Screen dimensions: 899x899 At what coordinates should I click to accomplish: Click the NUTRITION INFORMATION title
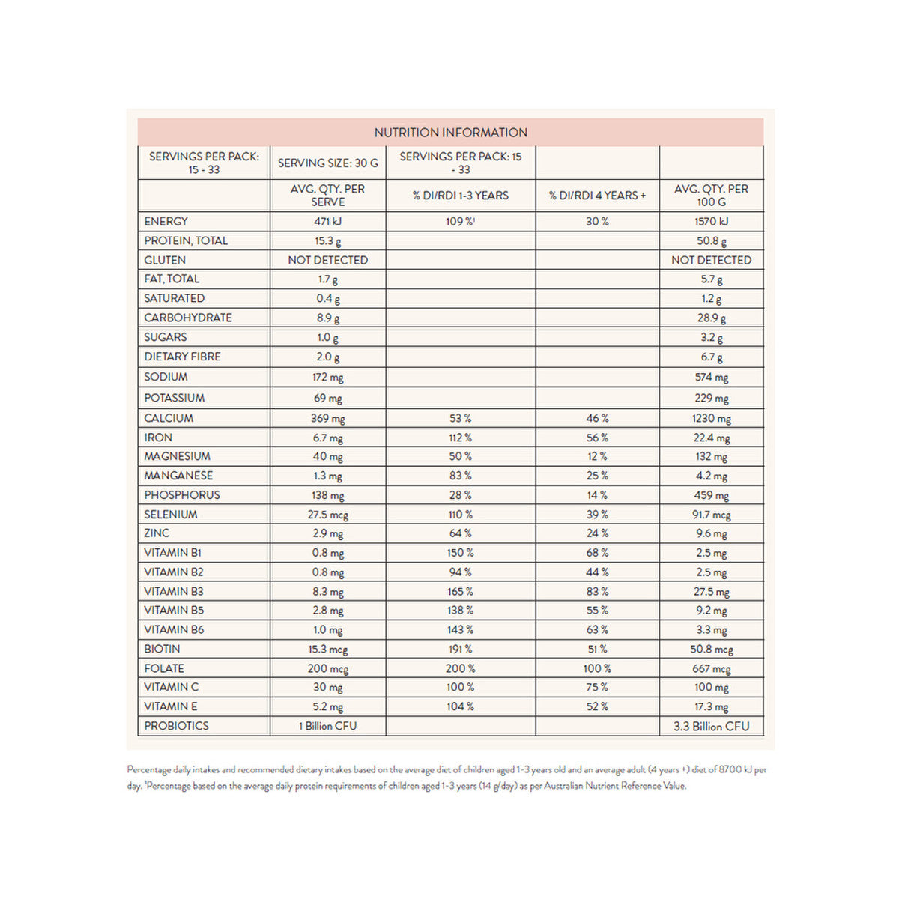pos(450,133)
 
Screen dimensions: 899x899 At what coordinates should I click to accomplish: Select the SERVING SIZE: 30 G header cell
pos(327,163)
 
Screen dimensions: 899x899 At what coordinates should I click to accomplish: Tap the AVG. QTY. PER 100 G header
pos(711,195)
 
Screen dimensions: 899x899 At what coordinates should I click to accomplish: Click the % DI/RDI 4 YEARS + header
pos(597,195)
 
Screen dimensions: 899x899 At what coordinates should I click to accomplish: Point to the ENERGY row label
pos(166,221)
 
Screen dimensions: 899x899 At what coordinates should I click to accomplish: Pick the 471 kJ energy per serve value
pos(327,221)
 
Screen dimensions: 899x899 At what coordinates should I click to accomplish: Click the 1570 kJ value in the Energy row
pos(711,221)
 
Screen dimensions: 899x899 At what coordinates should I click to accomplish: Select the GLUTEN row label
pos(165,260)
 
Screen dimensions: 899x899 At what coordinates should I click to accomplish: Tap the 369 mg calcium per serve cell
pos(327,418)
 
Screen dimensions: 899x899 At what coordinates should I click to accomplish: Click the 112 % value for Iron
pos(460,438)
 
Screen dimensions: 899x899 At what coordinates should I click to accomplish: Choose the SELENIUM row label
pos(171,515)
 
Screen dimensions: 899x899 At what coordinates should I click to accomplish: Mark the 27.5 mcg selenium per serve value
pos(327,515)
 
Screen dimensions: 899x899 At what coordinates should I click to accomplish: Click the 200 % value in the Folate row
pos(460,668)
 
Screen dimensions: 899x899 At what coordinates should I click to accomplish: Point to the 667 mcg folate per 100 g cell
pos(711,668)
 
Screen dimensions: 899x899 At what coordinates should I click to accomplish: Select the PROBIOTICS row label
pos(176,726)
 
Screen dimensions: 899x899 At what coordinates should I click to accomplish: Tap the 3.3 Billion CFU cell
pos(711,726)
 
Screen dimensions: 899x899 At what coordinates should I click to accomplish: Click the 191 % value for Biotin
pos(460,649)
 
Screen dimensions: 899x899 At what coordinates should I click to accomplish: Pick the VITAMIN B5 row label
pos(174,611)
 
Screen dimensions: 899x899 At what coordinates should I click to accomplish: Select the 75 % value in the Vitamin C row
pos(597,687)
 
